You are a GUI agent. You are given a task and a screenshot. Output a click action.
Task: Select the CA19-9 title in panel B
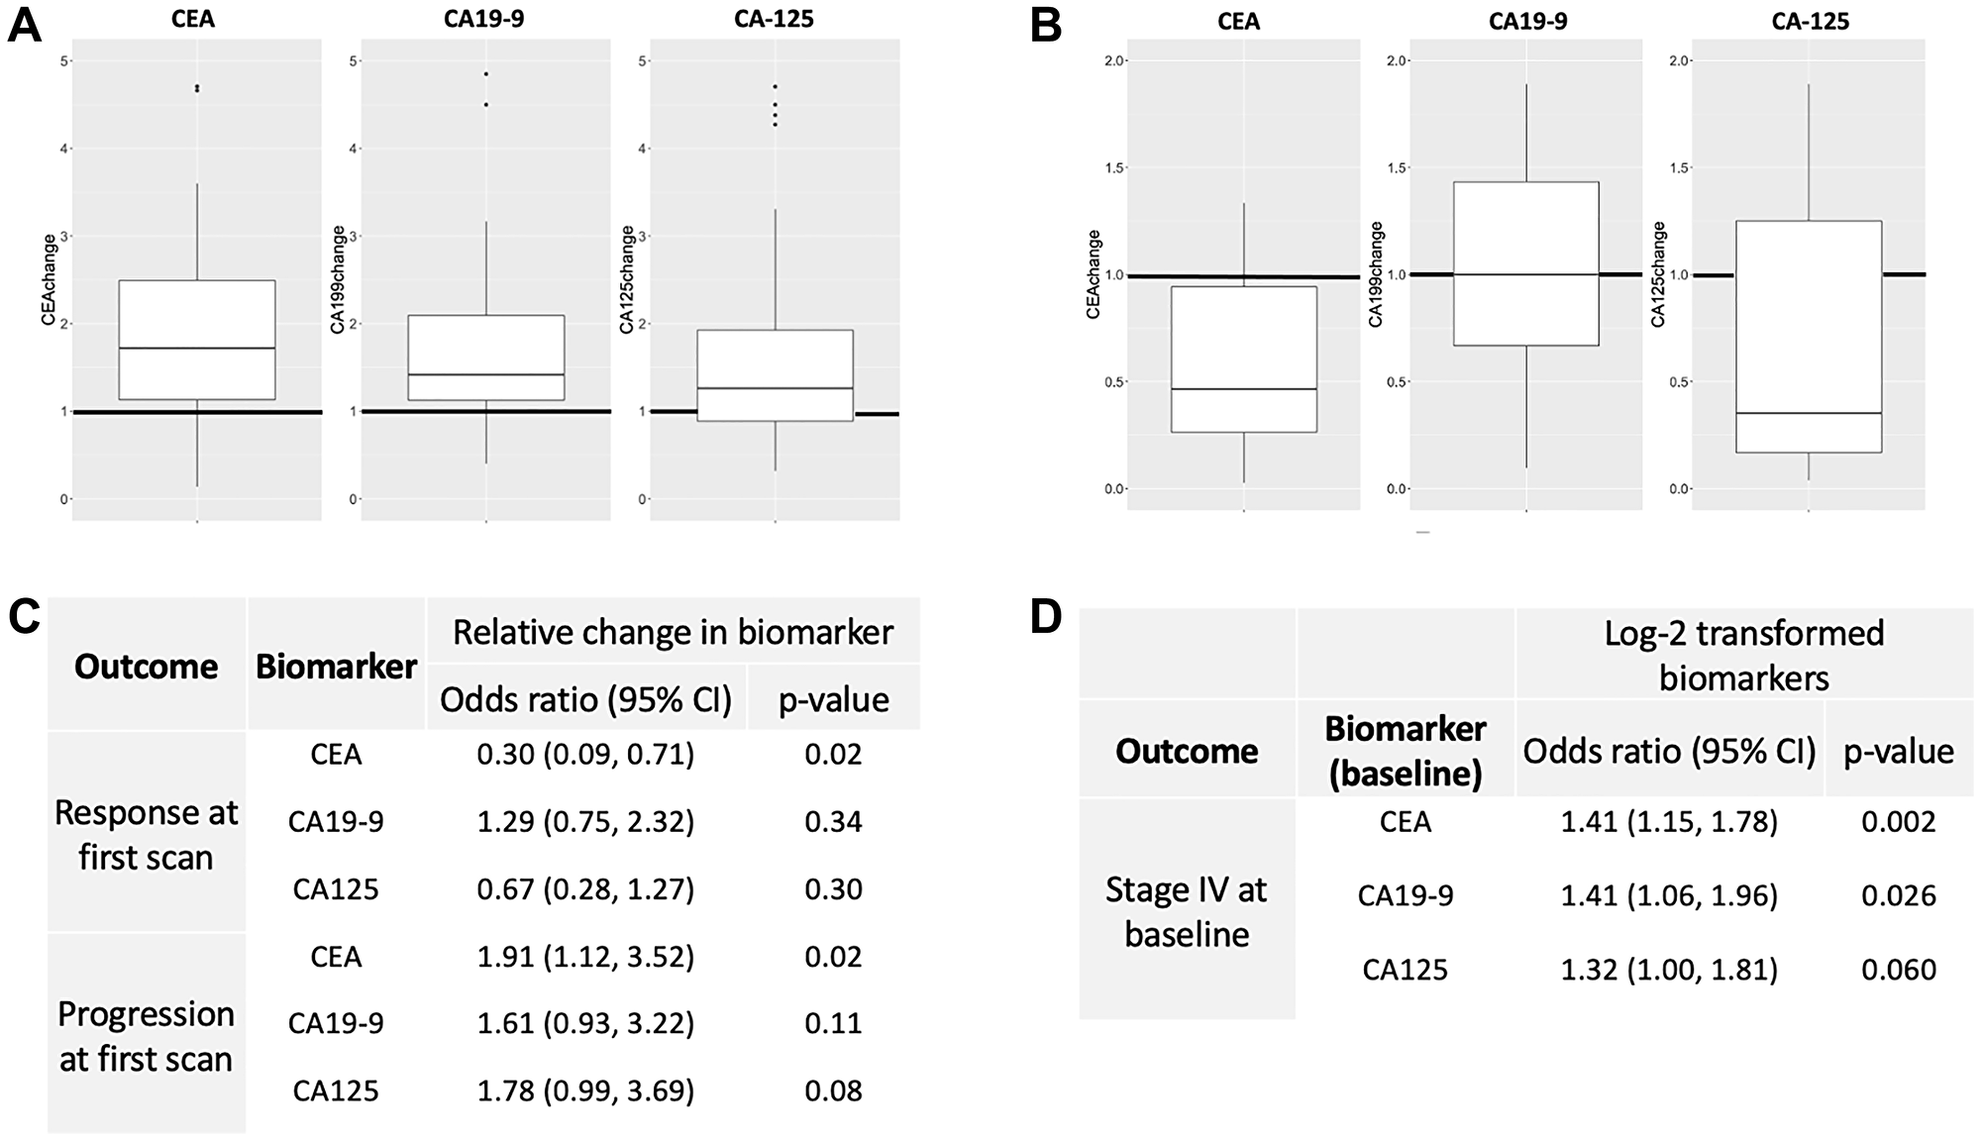click(x=1527, y=21)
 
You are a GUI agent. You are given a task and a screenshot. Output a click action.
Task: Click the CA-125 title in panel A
click(x=775, y=19)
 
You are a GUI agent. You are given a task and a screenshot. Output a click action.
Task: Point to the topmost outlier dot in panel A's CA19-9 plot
click(x=486, y=73)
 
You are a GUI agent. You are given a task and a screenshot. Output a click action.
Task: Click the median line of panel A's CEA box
click(x=197, y=348)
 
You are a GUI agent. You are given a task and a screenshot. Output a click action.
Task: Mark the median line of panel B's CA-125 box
click(x=1809, y=413)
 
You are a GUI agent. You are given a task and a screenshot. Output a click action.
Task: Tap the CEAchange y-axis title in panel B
click(x=1094, y=274)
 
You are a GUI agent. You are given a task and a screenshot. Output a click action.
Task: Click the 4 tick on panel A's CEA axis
click(x=63, y=149)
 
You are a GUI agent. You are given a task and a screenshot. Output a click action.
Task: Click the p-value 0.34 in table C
click(x=833, y=821)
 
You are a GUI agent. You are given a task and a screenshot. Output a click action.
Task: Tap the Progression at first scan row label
click(x=146, y=1036)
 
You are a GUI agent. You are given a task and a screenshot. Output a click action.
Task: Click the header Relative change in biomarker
click(x=673, y=632)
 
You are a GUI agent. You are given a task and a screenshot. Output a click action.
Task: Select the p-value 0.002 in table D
click(x=1898, y=821)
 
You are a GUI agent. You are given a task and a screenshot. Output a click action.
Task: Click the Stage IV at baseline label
click(x=1186, y=911)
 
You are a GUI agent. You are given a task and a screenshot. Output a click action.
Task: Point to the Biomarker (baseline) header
click(x=1405, y=751)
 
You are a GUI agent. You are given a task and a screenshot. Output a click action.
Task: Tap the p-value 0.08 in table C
click(x=833, y=1090)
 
